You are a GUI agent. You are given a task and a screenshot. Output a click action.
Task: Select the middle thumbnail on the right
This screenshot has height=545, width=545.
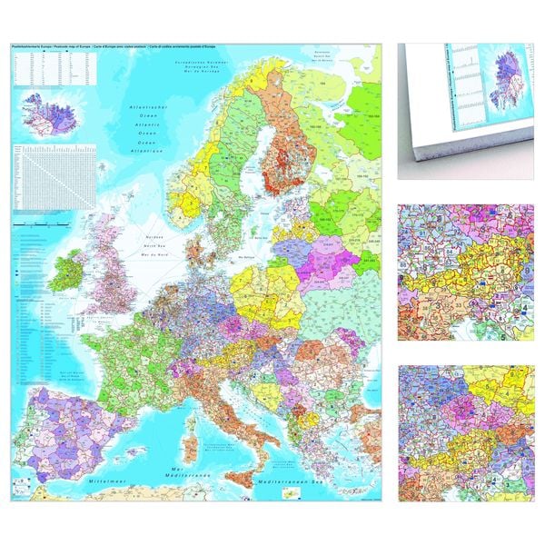[x=465, y=271]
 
